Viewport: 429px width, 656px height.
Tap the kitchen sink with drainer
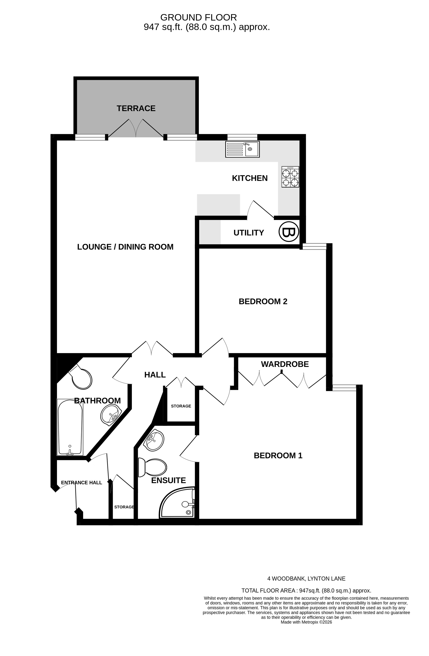point(242,149)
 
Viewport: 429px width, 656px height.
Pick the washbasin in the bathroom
point(111,414)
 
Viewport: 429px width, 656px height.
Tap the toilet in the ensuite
point(153,467)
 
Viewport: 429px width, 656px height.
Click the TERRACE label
point(136,108)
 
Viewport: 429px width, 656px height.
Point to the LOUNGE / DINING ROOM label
point(125,247)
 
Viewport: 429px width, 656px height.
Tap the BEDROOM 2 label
point(263,301)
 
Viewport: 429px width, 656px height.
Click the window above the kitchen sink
point(242,137)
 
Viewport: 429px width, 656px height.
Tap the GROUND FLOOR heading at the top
point(198,17)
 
